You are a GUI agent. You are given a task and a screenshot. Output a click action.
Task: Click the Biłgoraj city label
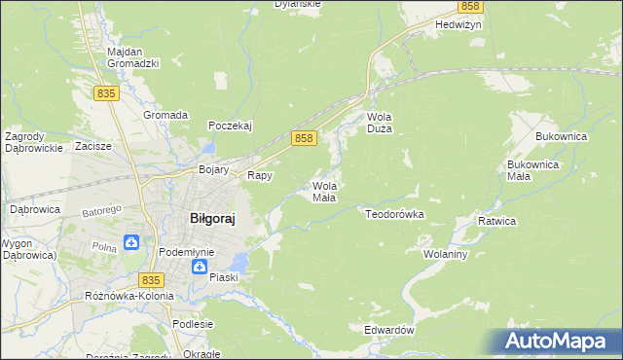tap(212, 219)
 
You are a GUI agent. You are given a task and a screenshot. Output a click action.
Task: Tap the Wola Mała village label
tap(324, 192)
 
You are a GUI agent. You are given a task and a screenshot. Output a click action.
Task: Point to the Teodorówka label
tap(394, 213)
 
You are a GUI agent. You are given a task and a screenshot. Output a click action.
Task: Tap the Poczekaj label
tap(231, 126)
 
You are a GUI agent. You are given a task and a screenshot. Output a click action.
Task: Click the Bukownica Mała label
tap(531, 171)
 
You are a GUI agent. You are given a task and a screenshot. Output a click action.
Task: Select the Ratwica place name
tap(496, 222)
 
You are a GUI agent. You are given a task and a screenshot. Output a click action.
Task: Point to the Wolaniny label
tap(446, 254)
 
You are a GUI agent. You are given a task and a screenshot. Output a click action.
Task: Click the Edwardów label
tap(389, 331)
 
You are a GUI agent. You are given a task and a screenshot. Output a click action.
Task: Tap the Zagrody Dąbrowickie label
tap(34, 142)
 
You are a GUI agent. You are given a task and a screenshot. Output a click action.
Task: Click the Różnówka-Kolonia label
tap(129, 295)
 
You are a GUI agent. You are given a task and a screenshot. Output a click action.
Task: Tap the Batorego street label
tap(101, 210)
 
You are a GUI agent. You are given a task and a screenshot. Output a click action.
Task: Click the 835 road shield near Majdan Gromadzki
tap(107, 92)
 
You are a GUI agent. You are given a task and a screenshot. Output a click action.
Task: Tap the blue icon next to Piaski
tap(200, 266)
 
